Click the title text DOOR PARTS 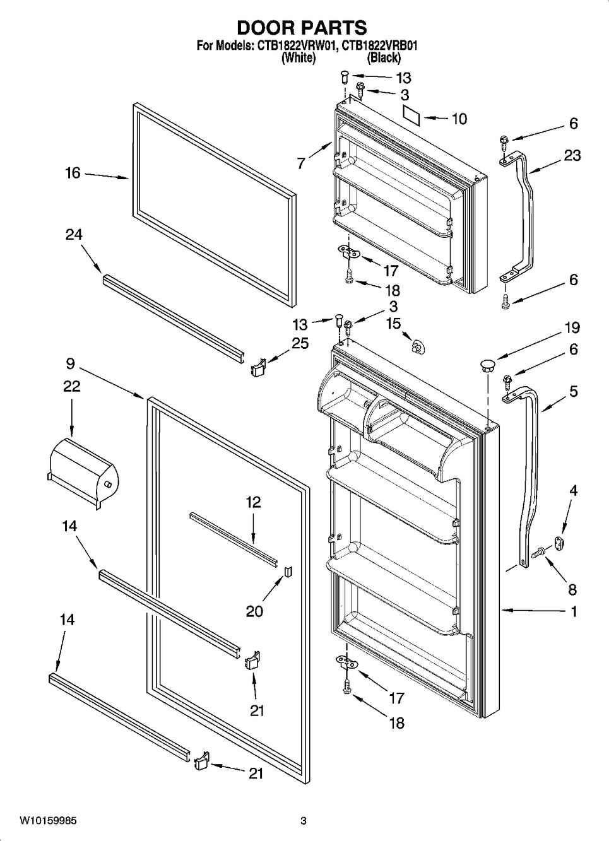pos(301,28)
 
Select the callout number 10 pos(459,119)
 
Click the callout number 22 pos(71,385)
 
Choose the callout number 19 pos(572,328)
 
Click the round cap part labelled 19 pos(488,363)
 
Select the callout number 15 pos(393,324)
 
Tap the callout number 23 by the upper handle pos(572,155)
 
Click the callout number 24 pos(74,235)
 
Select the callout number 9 pos(69,363)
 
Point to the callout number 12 pos(253,502)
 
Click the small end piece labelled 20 pos(288,571)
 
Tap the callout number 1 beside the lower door pos(573,611)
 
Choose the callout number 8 pos(572,589)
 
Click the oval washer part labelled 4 pos(559,541)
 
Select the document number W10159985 pos(48,821)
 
